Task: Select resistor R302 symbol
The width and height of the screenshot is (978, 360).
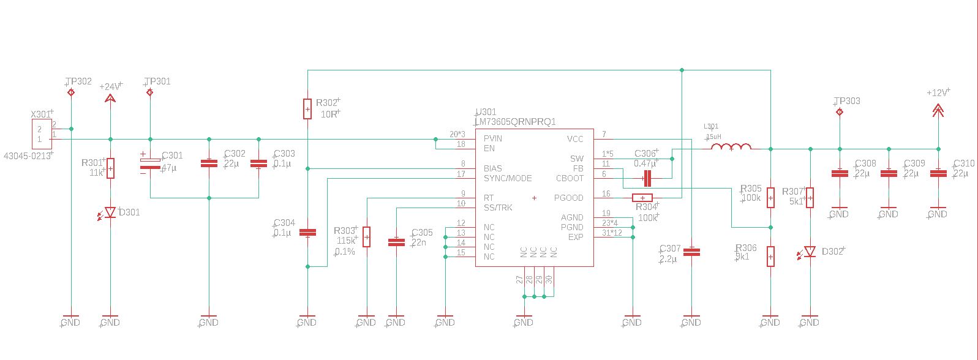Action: [307, 109]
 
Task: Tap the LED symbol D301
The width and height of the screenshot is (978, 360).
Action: [110, 212]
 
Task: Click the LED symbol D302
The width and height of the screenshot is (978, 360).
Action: [810, 252]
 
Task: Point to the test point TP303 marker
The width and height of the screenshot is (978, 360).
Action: [840, 112]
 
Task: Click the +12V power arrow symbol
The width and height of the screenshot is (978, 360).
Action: [938, 110]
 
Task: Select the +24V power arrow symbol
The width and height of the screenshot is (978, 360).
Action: [110, 98]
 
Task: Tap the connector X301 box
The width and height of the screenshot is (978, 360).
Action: [41, 134]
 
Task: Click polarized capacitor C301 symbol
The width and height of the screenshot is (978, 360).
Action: [150, 163]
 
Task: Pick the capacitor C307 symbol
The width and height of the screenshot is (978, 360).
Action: [691, 252]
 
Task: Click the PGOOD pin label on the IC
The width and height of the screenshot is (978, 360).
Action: [568, 198]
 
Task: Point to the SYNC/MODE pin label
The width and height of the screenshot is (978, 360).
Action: [508, 178]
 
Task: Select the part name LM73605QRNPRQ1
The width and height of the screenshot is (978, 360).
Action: [515, 122]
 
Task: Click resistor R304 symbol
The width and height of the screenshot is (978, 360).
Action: [642, 198]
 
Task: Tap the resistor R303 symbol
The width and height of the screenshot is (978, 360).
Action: [366, 237]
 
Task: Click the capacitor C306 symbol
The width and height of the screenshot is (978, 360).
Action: [647, 178]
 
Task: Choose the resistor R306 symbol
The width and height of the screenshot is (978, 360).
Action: [770, 257]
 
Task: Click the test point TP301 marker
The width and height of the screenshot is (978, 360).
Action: [150, 92]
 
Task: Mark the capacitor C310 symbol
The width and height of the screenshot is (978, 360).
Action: [938, 173]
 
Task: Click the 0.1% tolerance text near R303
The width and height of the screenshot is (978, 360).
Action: [345, 251]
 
